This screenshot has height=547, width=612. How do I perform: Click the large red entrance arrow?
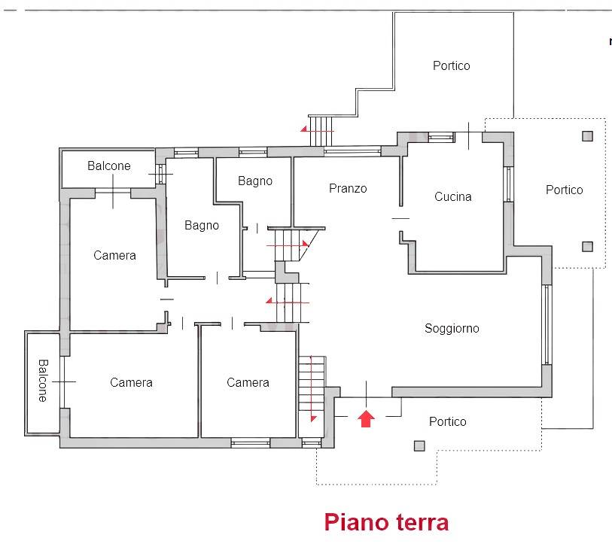click(366, 418)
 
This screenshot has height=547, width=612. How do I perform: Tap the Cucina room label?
click(452, 196)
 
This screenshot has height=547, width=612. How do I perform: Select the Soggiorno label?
click(452, 328)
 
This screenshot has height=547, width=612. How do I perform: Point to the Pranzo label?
click(348, 188)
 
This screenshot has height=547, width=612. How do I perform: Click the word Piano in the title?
click(356, 522)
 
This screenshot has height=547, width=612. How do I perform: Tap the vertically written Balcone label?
click(43, 381)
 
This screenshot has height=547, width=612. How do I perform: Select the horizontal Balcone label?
click(109, 166)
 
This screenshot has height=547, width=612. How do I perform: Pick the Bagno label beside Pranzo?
click(255, 181)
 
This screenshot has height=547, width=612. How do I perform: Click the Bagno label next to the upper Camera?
click(202, 226)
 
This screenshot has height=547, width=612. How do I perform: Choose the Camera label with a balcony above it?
click(114, 255)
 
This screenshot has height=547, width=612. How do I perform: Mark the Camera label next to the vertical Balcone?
click(131, 382)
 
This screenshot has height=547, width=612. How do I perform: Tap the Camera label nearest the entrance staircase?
click(248, 382)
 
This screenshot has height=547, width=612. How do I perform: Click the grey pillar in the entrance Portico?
click(419, 446)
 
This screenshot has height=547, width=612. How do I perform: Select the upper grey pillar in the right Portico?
click(587, 135)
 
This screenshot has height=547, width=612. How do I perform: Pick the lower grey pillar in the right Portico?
click(587, 247)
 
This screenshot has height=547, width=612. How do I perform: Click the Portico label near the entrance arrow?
click(448, 421)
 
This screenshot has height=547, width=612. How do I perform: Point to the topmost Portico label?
click(452, 65)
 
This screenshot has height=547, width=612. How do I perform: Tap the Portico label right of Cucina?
click(565, 190)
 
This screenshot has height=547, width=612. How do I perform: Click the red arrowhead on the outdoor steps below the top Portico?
click(303, 129)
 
